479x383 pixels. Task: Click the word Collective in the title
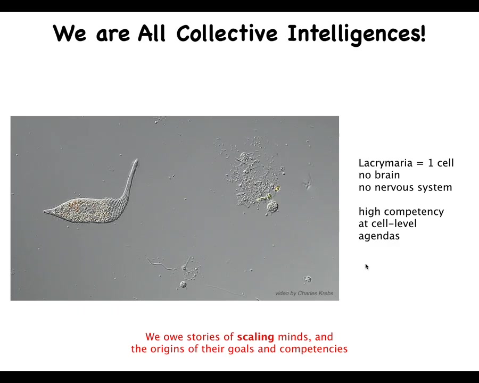tap(227, 33)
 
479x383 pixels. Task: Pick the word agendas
tap(379, 236)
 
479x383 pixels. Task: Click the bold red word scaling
tap(255, 337)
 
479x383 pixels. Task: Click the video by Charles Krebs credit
tap(304, 293)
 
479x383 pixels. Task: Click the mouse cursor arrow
tap(367, 267)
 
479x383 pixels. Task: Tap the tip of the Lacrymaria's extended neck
tap(136, 160)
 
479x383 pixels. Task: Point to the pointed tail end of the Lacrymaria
tap(44, 211)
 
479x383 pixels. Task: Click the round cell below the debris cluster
tap(272, 207)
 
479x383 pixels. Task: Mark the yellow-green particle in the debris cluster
tap(277, 189)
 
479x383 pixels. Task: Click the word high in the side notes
tap(368, 212)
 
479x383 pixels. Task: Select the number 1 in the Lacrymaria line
tap(431, 163)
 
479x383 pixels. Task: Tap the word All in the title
tap(152, 33)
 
